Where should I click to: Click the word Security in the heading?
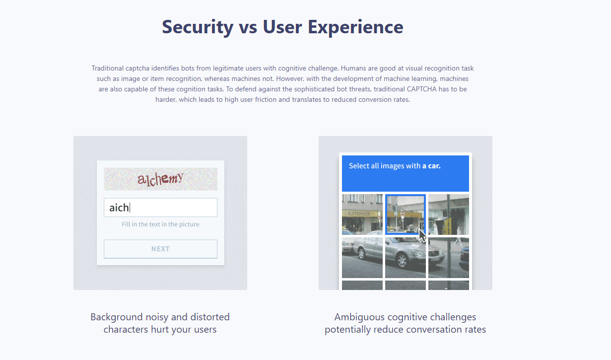click(x=198, y=27)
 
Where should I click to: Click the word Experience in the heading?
click(x=355, y=27)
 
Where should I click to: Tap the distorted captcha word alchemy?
click(x=160, y=179)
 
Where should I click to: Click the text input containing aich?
click(x=160, y=208)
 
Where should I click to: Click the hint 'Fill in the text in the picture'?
click(x=160, y=224)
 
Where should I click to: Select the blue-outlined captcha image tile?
click(x=406, y=214)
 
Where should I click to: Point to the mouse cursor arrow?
click(x=422, y=236)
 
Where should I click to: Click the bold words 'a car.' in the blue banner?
click(x=431, y=166)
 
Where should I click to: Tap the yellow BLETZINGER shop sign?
click(x=357, y=214)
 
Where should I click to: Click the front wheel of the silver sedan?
click(x=402, y=260)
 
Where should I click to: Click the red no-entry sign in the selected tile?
click(x=403, y=213)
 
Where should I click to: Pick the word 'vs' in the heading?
click(x=248, y=28)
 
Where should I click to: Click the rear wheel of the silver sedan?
click(x=362, y=254)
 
